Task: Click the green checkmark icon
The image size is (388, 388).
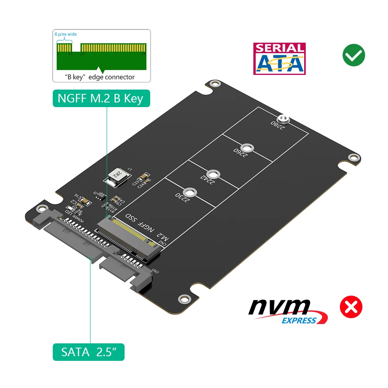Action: tap(353, 55)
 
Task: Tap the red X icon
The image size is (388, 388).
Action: tap(351, 307)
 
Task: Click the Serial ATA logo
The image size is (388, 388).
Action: tap(279, 59)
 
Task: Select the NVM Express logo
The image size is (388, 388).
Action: tap(288, 311)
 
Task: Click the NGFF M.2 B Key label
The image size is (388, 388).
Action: tap(100, 99)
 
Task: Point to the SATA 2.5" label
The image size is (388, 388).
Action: tap(88, 352)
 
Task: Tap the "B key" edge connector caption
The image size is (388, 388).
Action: tap(100, 77)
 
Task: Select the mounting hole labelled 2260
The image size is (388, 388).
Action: tap(247, 148)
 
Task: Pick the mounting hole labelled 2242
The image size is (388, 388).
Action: tap(211, 174)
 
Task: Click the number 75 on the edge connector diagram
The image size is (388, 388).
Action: tap(144, 55)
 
